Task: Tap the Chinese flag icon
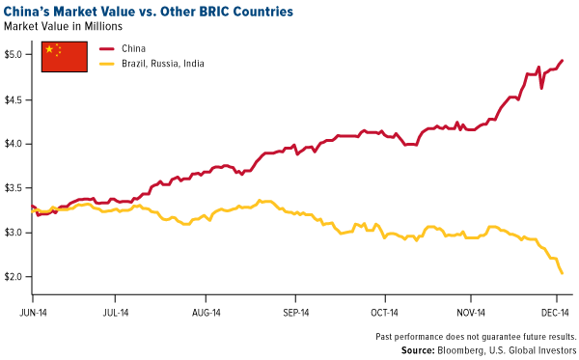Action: [64, 55]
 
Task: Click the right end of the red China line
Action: [563, 61]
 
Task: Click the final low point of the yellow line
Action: [563, 273]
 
